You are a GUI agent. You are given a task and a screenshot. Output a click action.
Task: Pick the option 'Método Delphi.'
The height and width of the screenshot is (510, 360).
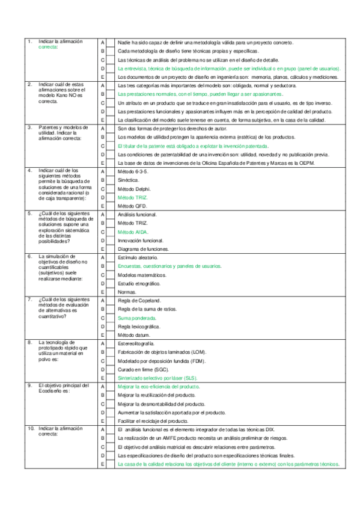coord(132,188)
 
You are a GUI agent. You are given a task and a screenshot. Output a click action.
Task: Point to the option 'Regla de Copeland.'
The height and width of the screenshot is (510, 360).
coord(139,300)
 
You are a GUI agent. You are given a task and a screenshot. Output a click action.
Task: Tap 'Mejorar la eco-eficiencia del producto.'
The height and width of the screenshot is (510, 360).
coord(158,387)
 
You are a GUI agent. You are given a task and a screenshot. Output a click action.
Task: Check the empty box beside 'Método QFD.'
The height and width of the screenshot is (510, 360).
coord(110,206)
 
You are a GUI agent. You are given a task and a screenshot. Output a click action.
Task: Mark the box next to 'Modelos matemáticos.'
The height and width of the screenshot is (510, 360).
coord(110,274)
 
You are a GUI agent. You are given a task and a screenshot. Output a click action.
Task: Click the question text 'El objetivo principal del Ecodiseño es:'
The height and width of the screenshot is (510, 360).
coord(63,389)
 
